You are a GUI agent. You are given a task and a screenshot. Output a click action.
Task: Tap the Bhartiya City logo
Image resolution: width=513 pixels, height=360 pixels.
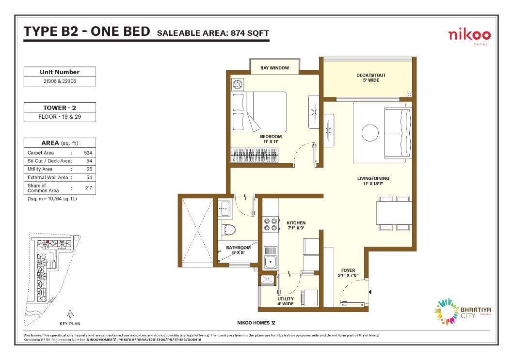(462, 312)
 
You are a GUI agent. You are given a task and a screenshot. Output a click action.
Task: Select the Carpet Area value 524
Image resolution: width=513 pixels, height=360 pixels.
(88, 153)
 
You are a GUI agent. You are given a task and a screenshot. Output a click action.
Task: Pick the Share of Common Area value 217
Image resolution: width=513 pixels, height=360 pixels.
(88, 188)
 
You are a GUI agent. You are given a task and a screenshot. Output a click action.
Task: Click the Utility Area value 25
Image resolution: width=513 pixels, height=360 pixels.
(89, 169)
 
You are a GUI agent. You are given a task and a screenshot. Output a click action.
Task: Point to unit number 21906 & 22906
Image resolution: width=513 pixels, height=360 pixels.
(60, 81)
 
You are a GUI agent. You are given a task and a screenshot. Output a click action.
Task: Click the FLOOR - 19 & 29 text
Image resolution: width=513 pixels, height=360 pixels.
(60, 117)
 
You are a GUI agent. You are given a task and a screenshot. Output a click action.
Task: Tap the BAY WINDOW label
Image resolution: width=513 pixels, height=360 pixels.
(274, 68)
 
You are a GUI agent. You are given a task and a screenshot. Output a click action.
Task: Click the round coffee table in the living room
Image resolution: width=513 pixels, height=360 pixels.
(370, 133)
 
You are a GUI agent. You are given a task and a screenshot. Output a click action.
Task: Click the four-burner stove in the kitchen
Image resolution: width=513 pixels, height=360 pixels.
(271, 224)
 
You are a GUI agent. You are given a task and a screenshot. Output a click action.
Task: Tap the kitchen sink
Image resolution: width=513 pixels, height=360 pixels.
(271, 261)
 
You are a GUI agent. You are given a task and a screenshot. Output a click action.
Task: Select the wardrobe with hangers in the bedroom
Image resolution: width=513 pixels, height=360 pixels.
(255, 155)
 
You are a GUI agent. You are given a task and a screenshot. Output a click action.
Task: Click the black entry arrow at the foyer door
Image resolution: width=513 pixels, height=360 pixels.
(370, 292)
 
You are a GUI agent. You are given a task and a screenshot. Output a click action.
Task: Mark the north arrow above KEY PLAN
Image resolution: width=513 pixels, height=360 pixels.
(70, 314)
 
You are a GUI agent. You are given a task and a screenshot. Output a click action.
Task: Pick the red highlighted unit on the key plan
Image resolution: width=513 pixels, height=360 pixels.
(48, 242)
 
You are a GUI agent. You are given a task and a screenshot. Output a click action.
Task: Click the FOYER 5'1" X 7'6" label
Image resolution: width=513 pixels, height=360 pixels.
(348, 273)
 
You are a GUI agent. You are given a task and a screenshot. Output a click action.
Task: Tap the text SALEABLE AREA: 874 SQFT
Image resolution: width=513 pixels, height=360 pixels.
(213, 33)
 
